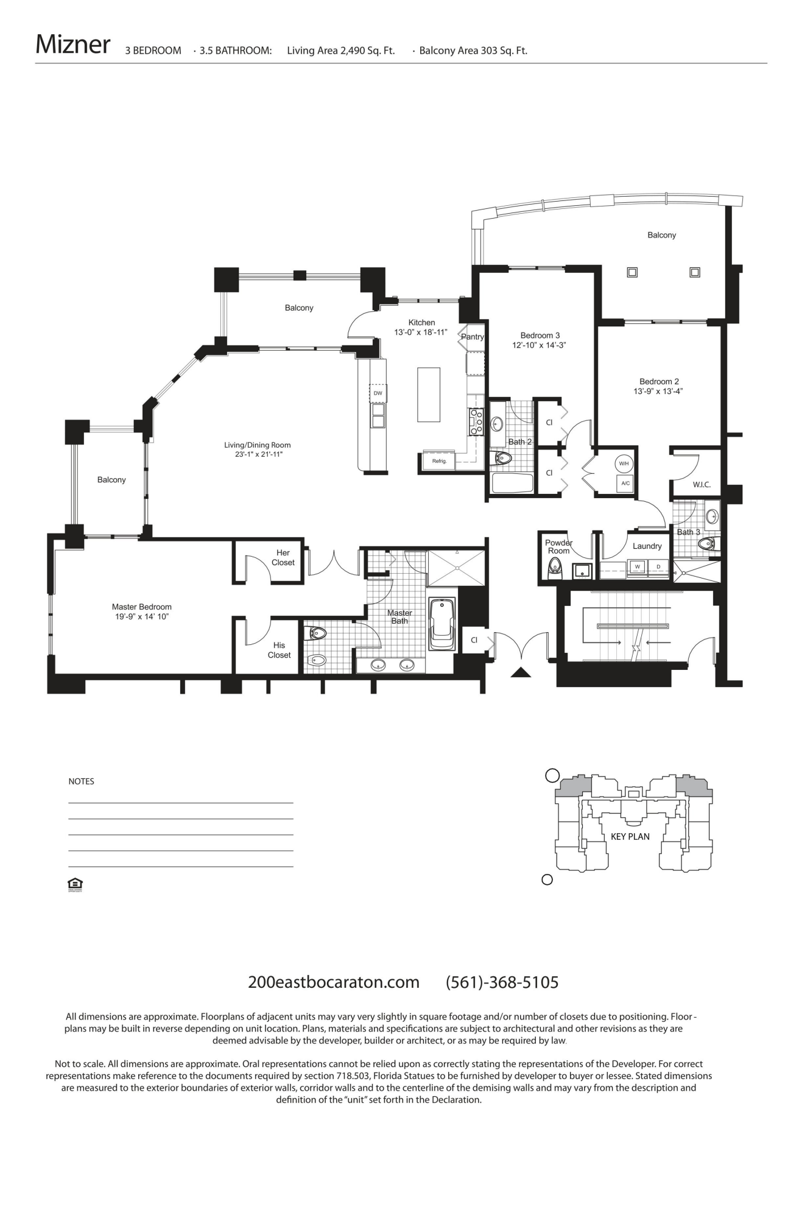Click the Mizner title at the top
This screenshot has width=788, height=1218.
[x=72, y=44]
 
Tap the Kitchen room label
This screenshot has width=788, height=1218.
[x=421, y=323]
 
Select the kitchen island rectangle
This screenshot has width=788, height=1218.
[x=428, y=394]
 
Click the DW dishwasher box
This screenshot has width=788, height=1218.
[x=378, y=393]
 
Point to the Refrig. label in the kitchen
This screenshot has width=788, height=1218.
[x=439, y=461]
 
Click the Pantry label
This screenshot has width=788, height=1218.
[x=472, y=337]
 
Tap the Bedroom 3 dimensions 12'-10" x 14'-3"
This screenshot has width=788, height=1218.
[x=540, y=345]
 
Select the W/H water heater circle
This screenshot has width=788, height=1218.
[x=624, y=464]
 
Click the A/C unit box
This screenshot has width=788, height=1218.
[x=625, y=484]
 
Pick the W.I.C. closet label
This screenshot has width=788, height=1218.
[x=702, y=485]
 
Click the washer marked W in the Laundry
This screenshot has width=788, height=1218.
[x=637, y=567]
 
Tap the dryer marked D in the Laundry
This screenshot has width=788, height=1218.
[x=658, y=567]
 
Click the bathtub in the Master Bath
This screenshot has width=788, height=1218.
[x=441, y=624]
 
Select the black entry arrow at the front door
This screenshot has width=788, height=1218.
[x=521, y=672]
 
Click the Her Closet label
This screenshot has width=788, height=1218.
[x=283, y=558]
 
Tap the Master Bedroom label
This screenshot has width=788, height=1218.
[x=141, y=607]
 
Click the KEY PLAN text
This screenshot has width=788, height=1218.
[x=630, y=836]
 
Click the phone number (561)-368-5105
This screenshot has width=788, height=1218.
[x=502, y=982]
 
